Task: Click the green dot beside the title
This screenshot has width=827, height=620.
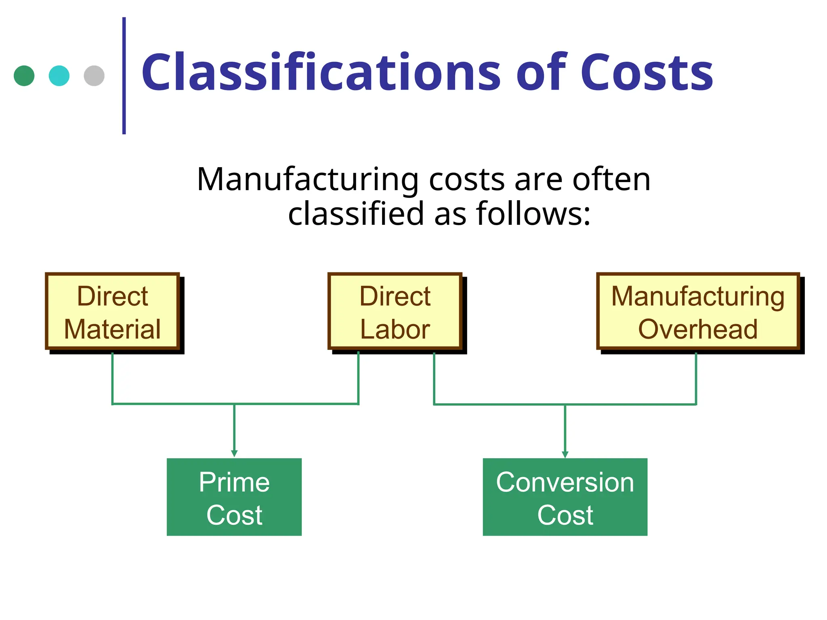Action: click(24, 76)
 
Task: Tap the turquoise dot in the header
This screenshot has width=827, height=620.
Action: click(59, 76)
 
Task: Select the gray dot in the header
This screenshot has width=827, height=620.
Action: click(94, 76)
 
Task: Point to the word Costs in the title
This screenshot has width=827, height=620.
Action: click(646, 73)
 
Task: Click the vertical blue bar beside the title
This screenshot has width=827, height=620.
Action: click(124, 75)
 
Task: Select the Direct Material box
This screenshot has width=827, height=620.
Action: click(112, 311)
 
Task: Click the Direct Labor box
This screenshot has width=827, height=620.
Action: click(395, 311)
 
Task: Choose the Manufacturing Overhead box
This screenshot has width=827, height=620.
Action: click(698, 311)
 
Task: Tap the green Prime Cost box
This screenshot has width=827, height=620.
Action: click(234, 497)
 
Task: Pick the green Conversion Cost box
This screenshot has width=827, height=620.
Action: click(565, 497)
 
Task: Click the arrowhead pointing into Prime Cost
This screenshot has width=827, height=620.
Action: click(234, 454)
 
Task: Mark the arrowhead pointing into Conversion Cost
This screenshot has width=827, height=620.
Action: click(565, 455)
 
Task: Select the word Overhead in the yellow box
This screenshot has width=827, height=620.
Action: click(698, 329)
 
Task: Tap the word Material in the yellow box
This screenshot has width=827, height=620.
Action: click(112, 329)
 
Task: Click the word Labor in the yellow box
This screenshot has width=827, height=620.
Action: click(395, 329)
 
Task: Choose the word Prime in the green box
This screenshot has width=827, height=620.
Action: click(234, 482)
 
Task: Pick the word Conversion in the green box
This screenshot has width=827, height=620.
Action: click(565, 482)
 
